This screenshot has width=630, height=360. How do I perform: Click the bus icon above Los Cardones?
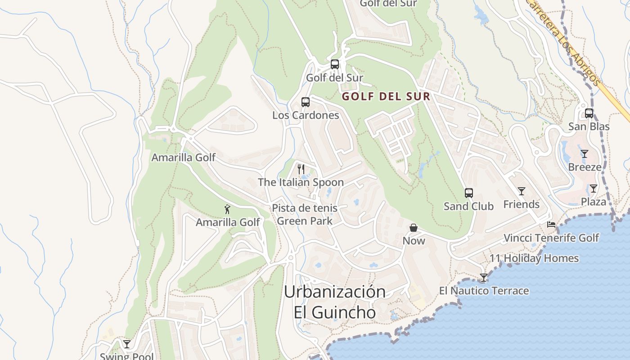(x=306, y=102)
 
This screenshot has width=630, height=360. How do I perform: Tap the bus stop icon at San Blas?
(x=589, y=113)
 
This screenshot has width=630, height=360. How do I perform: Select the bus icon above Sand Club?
(x=469, y=193)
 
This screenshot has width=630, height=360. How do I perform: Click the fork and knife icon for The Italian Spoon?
(x=301, y=169)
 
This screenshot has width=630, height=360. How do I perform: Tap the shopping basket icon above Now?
(x=414, y=228)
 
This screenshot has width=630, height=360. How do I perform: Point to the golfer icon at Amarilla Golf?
(x=227, y=209)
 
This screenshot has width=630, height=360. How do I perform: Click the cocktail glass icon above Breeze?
(x=584, y=154)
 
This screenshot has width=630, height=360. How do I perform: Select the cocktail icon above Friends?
(x=521, y=191)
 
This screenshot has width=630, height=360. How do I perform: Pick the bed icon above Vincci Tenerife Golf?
(x=551, y=224)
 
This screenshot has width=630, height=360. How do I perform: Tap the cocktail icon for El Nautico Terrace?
(x=484, y=278)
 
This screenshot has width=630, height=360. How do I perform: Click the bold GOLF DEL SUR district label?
(x=386, y=96)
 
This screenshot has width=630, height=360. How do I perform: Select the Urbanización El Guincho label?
(x=335, y=302)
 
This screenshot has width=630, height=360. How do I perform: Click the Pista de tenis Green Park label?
(x=305, y=215)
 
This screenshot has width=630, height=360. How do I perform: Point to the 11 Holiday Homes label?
(x=534, y=258)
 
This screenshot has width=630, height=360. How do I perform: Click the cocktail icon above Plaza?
(x=594, y=189)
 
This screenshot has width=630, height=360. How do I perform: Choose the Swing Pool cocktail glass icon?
(x=127, y=344)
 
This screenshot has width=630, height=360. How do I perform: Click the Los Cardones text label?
(x=306, y=115)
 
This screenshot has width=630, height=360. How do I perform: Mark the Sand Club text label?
(x=468, y=206)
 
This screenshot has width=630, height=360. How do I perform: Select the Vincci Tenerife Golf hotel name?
(x=551, y=238)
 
